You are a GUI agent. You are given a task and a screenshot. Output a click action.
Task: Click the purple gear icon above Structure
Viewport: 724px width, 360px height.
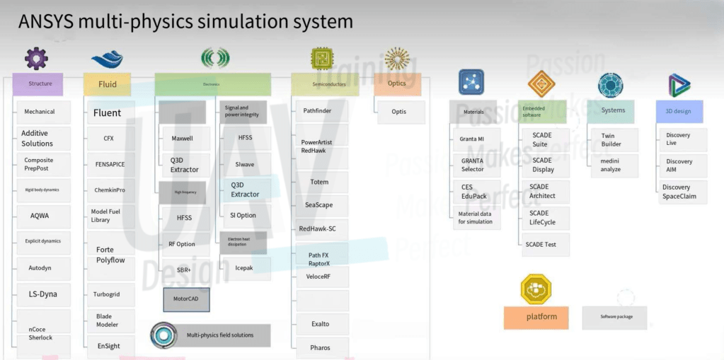point(36,58)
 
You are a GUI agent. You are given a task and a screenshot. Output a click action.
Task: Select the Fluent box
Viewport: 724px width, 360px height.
point(108,112)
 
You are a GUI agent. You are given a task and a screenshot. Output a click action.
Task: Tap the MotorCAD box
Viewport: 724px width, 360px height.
point(186,299)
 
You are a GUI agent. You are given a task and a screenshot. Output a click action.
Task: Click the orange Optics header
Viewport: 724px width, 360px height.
point(397,83)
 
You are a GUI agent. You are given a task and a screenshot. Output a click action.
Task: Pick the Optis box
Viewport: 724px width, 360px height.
point(399,112)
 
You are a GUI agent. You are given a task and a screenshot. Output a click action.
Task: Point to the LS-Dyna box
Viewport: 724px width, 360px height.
point(43,294)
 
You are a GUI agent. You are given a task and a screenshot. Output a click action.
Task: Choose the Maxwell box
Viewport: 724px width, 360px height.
point(183,138)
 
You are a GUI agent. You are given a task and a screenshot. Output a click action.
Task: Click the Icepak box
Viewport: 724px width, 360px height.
point(243,268)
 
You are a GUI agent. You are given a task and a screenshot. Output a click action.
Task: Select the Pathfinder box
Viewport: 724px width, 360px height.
point(318,111)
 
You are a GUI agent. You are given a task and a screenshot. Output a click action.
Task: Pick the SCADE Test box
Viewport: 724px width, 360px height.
point(540,244)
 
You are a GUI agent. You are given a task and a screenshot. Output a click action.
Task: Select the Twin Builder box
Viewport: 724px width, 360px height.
point(611,139)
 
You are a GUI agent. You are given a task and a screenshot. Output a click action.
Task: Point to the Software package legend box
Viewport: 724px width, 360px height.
point(614,317)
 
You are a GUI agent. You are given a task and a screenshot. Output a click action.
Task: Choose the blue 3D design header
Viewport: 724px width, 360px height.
point(678,111)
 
